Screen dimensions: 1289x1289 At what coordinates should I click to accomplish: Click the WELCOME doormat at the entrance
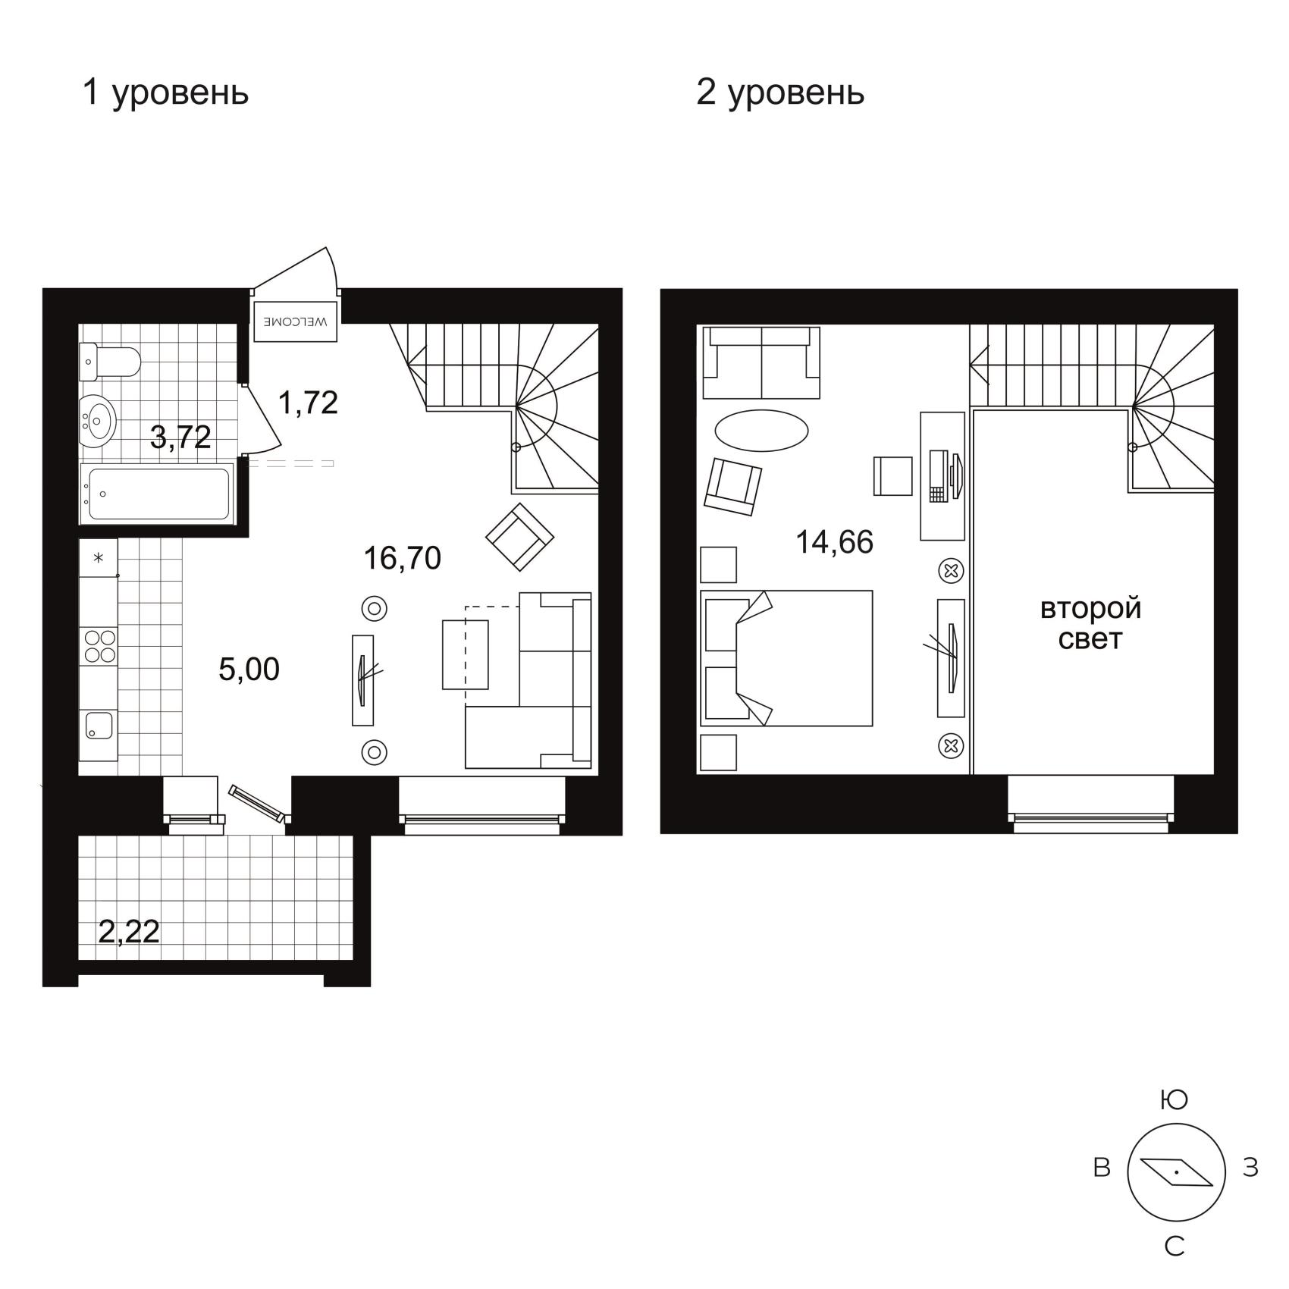(295, 322)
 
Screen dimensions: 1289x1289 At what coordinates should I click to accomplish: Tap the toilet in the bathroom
(110, 362)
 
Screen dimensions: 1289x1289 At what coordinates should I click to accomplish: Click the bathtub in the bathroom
(156, 494)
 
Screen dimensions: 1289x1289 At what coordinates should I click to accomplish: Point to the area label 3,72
(180, 438)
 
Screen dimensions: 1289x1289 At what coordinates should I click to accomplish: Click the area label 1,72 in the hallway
(308, 403)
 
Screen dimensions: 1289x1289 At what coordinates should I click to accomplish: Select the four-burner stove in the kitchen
(99, 646)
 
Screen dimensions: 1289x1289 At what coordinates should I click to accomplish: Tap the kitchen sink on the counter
(99, 725)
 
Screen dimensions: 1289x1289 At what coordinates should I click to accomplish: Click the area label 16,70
(402, 558)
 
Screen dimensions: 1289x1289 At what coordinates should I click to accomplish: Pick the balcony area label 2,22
(129, 931)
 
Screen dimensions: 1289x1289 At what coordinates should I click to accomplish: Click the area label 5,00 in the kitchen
(249, 670)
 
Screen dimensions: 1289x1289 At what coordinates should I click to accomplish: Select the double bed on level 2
(786, 658)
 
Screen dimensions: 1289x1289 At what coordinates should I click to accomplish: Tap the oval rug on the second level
(761, 431)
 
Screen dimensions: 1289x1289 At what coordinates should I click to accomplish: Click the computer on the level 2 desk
(945, 476)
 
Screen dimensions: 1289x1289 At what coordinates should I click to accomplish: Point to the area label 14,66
(834, 542)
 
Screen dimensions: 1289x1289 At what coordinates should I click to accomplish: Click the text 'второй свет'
(1090, 623)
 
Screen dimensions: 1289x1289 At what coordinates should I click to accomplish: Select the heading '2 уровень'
(780, 93)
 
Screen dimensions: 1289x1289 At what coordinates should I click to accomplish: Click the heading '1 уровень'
(165, 93)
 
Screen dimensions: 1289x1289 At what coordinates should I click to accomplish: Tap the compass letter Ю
(1174, 1099)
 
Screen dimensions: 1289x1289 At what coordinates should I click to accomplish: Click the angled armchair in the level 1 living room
(519, 537)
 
